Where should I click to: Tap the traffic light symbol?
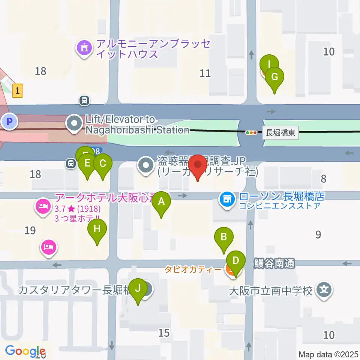coord(251,132)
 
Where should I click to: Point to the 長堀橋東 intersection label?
coord(280,133)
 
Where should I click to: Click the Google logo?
coord(25,351)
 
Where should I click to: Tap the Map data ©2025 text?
coord(328,354)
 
